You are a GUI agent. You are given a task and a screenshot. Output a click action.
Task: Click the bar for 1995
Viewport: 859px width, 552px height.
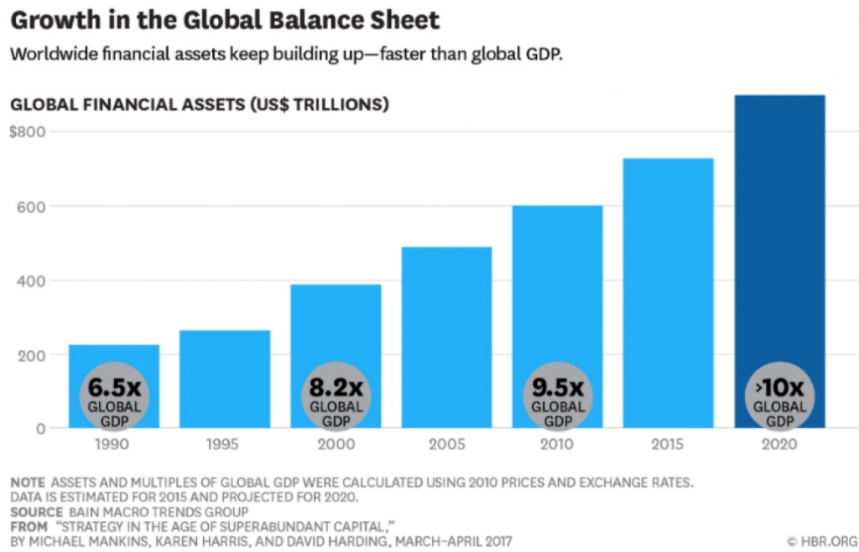pyautogui.click(x=225, y=379)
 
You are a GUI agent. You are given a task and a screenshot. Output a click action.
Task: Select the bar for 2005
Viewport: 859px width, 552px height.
pyautogui.click(x=446, y=337)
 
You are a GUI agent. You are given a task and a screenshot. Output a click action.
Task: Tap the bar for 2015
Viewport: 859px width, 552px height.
pyautogui.click(x=669, y=293)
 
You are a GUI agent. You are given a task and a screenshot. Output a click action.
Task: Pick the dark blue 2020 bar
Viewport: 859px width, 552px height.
pyautogui.click(x=779, y=261)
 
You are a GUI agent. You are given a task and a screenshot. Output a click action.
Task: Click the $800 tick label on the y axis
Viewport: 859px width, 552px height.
pyautogui.click(x=28, y=132)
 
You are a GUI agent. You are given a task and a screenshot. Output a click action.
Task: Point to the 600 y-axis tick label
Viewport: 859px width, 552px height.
pyautogui.click(x=32, y=206)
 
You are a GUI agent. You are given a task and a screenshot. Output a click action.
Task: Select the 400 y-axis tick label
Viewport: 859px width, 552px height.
pyautogui.click(x=32, y=281)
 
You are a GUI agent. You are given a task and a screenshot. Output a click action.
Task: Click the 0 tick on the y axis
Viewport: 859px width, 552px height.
pyautogui.click(x=40, y=429)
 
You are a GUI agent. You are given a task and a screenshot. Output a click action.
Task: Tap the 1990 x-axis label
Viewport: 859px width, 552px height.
pyautogui.click(x=112, y=444)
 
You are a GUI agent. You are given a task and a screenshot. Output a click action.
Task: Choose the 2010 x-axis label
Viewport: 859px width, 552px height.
pyautogui.click(x=557, y=444)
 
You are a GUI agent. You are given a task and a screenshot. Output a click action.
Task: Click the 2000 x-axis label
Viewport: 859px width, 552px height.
pyautogui.click(x=336, y=444)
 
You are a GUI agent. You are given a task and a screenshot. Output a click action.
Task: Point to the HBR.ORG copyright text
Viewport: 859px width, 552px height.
pyautogui.click(x=820, y=542)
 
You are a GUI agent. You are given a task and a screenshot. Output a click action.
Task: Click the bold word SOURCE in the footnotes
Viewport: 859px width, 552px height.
pyautogui.click(x=37, y=513)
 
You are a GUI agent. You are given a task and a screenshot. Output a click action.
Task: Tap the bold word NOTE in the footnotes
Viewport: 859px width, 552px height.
pyautogui.click(x=28, y=483)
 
